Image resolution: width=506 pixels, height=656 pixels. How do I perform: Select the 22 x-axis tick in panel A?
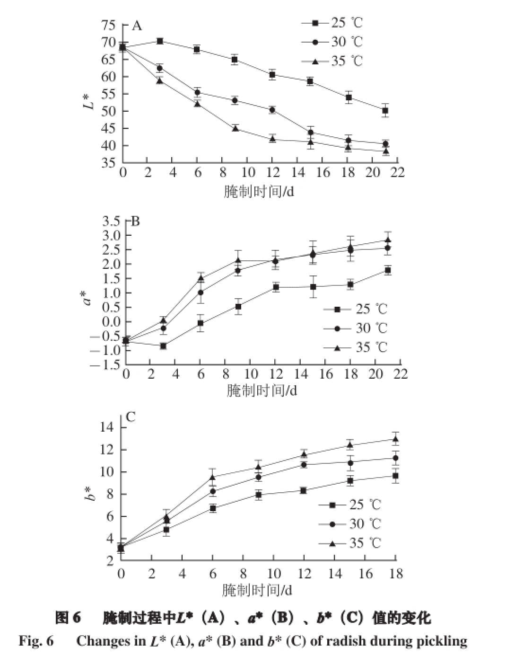pos(398,172)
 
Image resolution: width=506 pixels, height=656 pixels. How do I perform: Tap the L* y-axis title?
pos(88,100)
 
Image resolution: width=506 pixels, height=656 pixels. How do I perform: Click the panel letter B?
pos(135,221)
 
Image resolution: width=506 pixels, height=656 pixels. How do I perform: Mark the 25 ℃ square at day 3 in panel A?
pos(160,41)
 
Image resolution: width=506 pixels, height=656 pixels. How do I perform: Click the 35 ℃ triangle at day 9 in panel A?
pos(235,128)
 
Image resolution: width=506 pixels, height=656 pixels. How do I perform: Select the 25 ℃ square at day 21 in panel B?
pos(388,270)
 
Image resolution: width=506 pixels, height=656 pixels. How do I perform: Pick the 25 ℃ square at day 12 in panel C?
pos(303,490)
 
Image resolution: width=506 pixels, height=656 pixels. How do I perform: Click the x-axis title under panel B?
pos(262,390)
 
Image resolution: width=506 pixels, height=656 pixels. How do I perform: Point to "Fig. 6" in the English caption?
pos(36,641)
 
